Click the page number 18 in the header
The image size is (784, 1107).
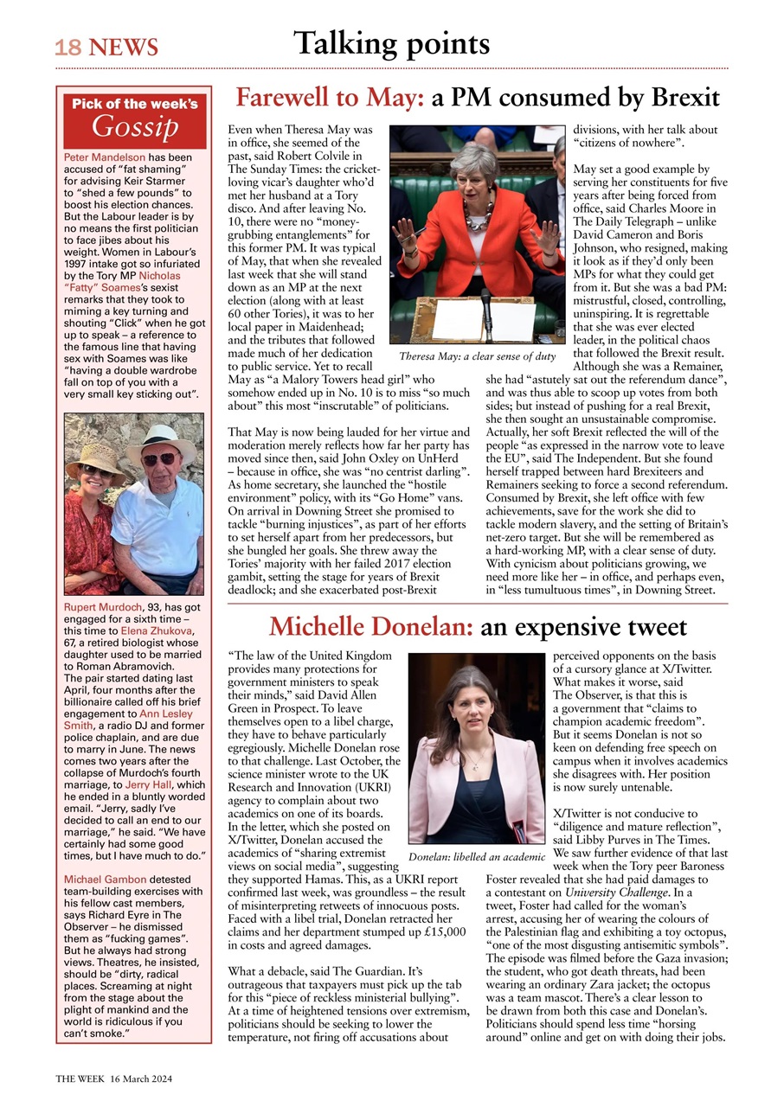68,48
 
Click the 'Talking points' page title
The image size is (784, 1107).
391,42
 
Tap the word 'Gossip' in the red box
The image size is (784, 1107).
135,128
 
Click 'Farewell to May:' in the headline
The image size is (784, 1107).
330,97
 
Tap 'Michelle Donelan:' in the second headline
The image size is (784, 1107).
370,626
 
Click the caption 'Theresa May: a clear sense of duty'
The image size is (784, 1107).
478,356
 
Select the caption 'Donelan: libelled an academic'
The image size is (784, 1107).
476,857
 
